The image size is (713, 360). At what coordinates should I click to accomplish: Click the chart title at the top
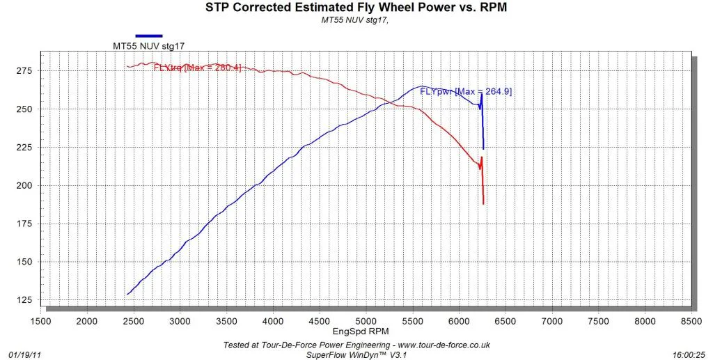pos(356,7)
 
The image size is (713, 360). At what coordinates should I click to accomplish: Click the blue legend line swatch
pos(149,36)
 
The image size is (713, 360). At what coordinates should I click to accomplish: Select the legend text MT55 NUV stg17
pos(148,45)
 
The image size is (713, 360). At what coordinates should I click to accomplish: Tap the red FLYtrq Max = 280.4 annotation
pos(197,68)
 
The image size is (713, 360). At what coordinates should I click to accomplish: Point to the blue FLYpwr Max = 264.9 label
pos(466,91)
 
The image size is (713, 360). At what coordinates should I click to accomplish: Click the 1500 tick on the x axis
pos(40,322)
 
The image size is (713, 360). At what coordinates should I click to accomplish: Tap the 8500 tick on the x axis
pos(691,322)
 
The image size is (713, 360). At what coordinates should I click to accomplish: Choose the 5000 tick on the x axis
pos(366,322)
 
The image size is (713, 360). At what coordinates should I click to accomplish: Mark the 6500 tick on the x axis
pos(506,322)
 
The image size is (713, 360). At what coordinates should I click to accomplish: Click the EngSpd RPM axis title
pos(361,331)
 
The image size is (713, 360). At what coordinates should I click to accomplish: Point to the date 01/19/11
pos(24,354)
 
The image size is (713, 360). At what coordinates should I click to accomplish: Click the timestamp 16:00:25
pos(689,354)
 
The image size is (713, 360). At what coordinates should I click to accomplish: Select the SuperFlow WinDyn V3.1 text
pos(356,354)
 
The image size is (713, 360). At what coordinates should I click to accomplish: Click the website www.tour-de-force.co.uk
pos(437,345)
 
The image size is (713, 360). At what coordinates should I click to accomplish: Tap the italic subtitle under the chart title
pos(355,19)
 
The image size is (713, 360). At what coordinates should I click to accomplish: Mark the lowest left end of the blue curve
pos(127,295)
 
